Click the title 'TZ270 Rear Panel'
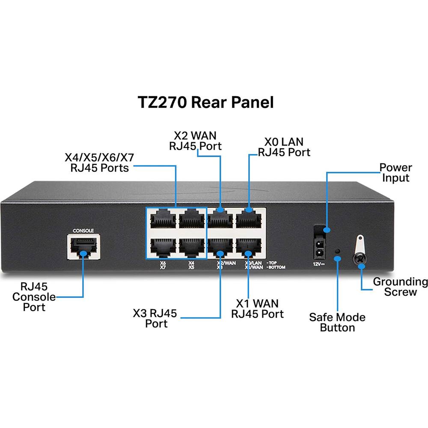[x=205, y=103]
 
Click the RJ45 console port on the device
[x=83, y=247]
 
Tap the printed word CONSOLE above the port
[x=83, y=230]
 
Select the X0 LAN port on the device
[x=249, y=218]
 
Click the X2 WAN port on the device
[x=220, y=218]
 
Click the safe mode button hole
[x=337, y=251]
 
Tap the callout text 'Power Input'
[x=395, y=172]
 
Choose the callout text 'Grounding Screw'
[x=400, y=287]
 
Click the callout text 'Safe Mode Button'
[x=337, y=322]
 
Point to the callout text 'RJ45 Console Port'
[x=34, y=297]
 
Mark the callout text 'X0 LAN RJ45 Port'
[x=284, y=147]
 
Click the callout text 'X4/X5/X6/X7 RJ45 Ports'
[x=99, y=163]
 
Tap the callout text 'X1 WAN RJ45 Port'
[x=257, y=309]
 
